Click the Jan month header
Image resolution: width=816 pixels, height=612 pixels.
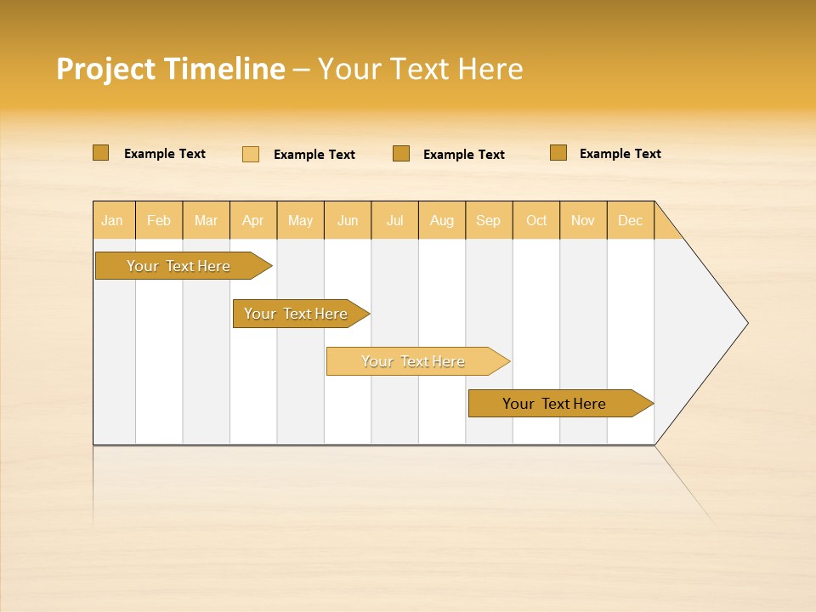pos(112,220)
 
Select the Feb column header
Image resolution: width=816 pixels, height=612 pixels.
pos(159,220)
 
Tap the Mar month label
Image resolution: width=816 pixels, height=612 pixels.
pos(206,220)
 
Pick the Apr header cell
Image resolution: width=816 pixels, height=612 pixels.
pos(252,220)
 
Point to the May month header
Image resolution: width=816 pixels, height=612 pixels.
pos(300,220)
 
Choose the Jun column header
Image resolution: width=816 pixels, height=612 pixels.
pos(348,220)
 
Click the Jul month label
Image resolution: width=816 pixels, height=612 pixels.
pos(394,220)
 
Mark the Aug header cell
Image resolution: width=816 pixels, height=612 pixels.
pos(442,220)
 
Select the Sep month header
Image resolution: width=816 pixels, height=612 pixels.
pos(488,220)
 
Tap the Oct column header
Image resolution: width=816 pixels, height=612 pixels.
pos(536,220)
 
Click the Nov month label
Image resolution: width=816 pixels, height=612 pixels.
pos(583,220)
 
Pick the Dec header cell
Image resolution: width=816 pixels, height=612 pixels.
pos(630,220)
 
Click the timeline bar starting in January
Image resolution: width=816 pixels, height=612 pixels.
pos(178,266)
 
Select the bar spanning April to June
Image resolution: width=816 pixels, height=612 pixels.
pos(296,314)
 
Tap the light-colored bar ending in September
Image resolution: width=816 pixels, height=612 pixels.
pos(413,361)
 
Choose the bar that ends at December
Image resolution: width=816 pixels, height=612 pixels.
pos(554,404)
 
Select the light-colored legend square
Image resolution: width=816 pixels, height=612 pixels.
pos(251,154)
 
